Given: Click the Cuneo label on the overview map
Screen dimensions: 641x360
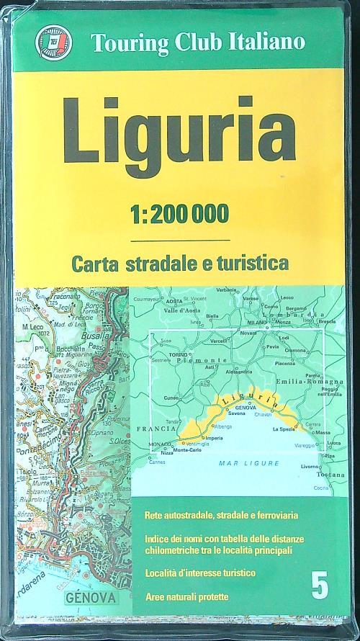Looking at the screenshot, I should pyautogui.click(x=171, y=398).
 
